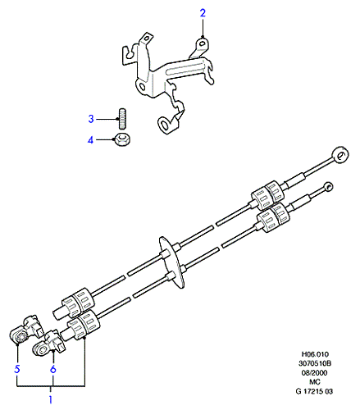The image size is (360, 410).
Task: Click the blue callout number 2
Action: click(x=203, y=13)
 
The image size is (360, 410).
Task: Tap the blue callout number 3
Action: click(x=91, y=119)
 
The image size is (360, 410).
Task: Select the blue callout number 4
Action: click(x=90, y=140)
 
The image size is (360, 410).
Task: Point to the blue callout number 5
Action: click(x=17, y=369)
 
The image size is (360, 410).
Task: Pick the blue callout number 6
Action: click(x=53, y=369)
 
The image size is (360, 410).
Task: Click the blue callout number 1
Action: click(x=51, y=399)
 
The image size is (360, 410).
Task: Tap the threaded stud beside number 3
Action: click(x=122, y=118)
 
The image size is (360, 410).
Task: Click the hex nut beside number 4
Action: click(x=122, y=139)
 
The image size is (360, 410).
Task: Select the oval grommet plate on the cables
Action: click(x=171, y=262)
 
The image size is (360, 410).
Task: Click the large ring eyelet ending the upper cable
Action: click(x=340, y=156)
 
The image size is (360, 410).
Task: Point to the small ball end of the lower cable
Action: click(x=328, y=186)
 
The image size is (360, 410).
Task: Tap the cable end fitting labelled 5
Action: click(x=26, y=330)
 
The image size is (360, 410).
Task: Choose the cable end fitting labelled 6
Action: click(x=49, y=343)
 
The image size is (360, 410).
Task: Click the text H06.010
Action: click(x=315, y=354)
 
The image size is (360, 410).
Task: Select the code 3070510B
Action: click(x=315, y=363)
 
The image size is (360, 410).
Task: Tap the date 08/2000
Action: click(x=314, y=373)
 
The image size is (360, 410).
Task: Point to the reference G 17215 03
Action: click(x=314, y=391)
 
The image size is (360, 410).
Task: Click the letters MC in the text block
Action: click(x=314, y=382)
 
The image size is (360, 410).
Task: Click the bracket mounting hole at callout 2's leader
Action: click(x=203, y=43)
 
